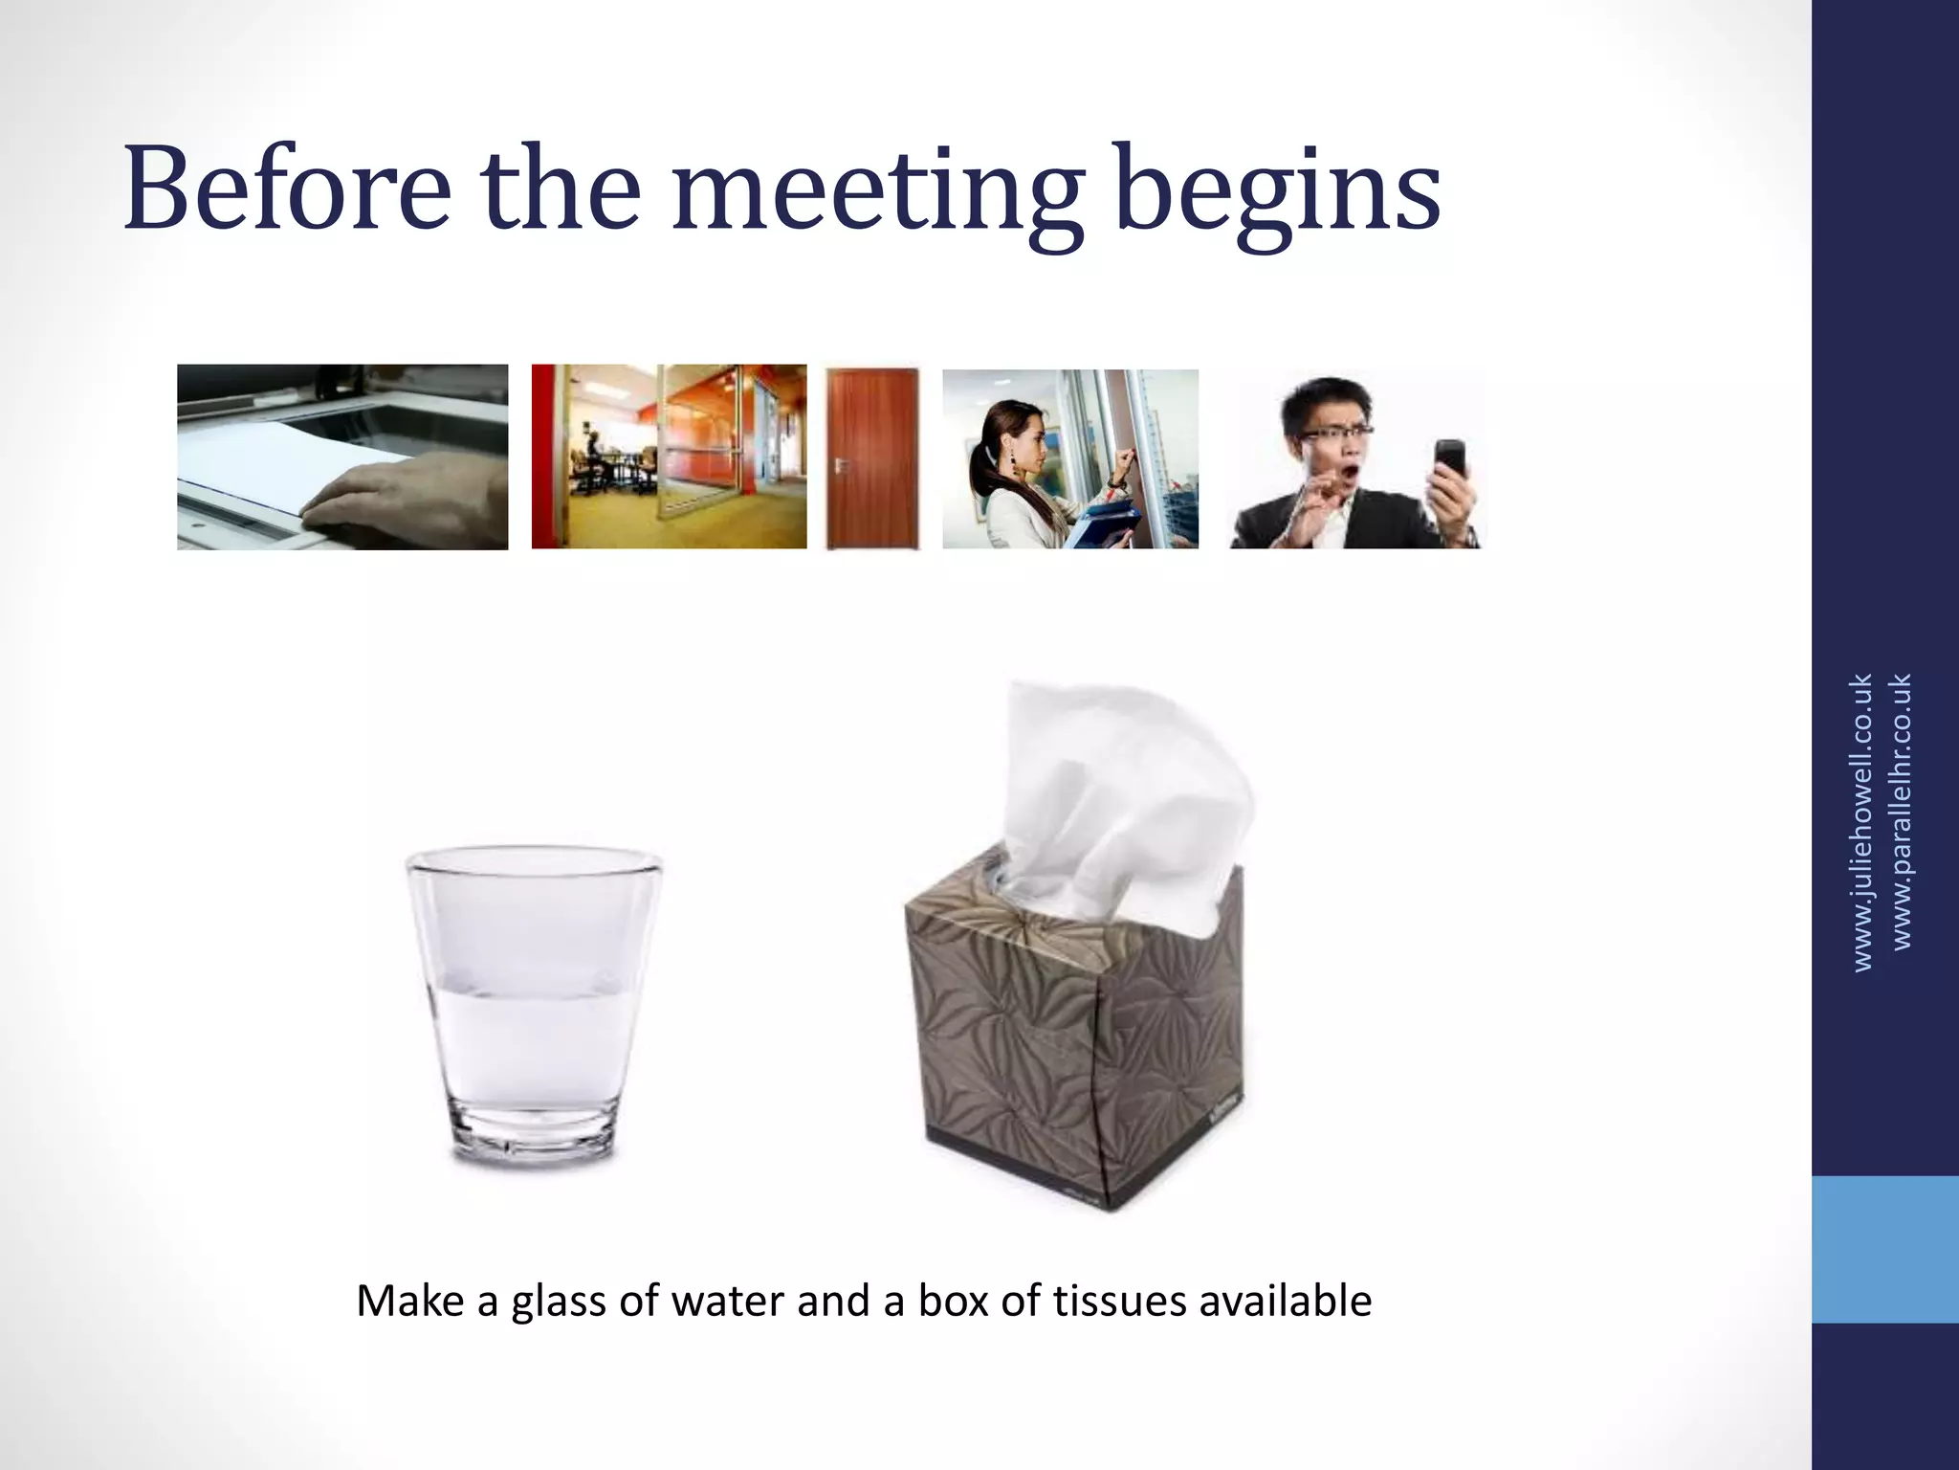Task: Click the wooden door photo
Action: (x=872, y=457)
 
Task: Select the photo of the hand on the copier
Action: (x=342, y=457)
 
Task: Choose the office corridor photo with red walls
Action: (x=669, y=457)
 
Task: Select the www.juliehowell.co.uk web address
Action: (x=1861, y=823)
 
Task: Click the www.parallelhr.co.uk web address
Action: (x=1902, y=812)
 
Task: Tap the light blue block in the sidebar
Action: (x=1884, y=1249)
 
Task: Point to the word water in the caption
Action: (x=728, y=1301)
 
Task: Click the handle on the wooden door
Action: (x=842, y=464)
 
